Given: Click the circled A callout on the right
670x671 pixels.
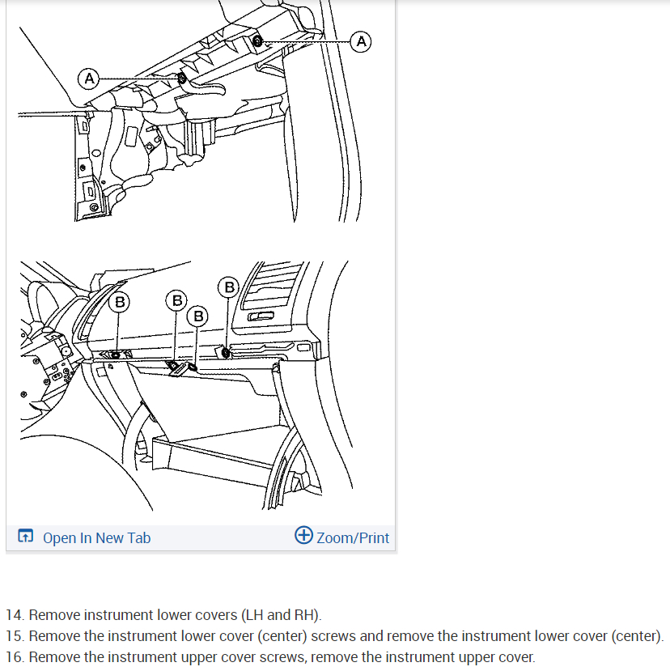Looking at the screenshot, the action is point(361,42).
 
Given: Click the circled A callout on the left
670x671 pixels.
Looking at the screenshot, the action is point(89,79).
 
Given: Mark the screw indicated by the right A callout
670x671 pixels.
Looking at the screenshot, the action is point(257,41).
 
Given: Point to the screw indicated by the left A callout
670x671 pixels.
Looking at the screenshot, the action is point(182,79).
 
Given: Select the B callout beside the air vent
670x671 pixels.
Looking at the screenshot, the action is point(229,287).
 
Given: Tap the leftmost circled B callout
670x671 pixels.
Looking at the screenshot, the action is point(120,302).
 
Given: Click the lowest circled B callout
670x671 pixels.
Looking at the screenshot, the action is point(197,316).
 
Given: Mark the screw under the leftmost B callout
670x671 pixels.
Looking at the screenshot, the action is point(116,355).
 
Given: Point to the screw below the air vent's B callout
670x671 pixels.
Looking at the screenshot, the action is point(226,353).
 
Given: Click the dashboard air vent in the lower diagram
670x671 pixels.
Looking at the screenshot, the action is point(271,286).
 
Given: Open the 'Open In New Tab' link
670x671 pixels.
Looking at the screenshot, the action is point(96,538).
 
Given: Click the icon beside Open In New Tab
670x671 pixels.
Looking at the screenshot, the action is point(25,536).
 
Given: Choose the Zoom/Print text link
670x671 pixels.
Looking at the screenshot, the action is point(353,538).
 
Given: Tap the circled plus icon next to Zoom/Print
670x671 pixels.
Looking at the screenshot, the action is point(303,535).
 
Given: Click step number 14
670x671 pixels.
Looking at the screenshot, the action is point(15,615).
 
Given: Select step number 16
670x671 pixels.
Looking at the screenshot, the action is point(15,657).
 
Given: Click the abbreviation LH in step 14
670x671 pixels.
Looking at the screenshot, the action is point(255,615).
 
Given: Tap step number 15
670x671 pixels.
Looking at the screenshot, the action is point(15,636).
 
